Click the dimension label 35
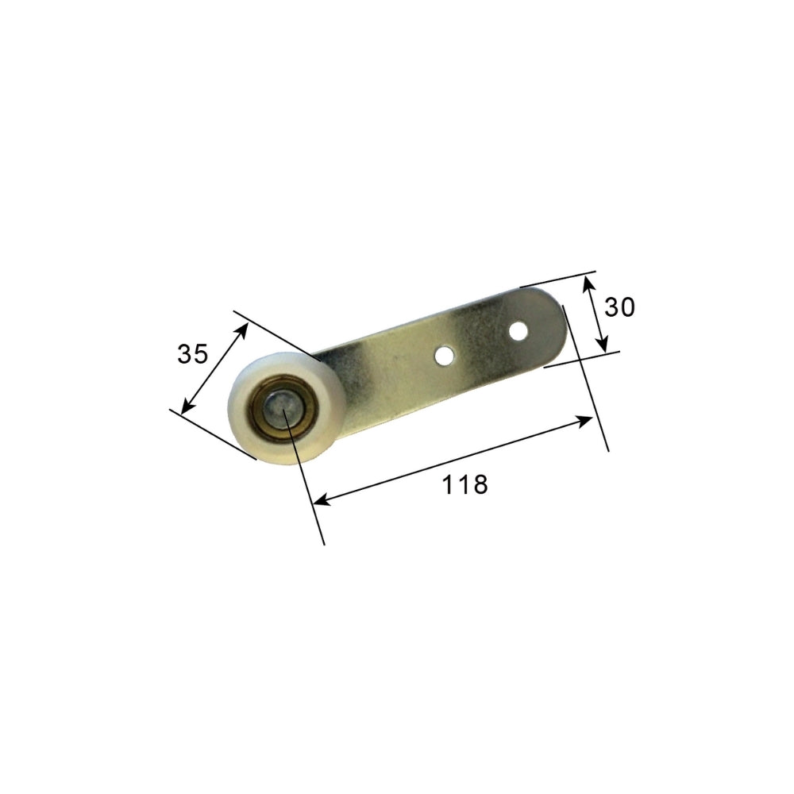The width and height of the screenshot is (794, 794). pyautogui.click(x=192, y=354)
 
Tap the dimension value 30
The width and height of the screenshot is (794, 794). pyautogui.click(x=619, y=306)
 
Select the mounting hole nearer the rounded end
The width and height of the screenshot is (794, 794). pyautogui.click(x=518, y=329)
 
